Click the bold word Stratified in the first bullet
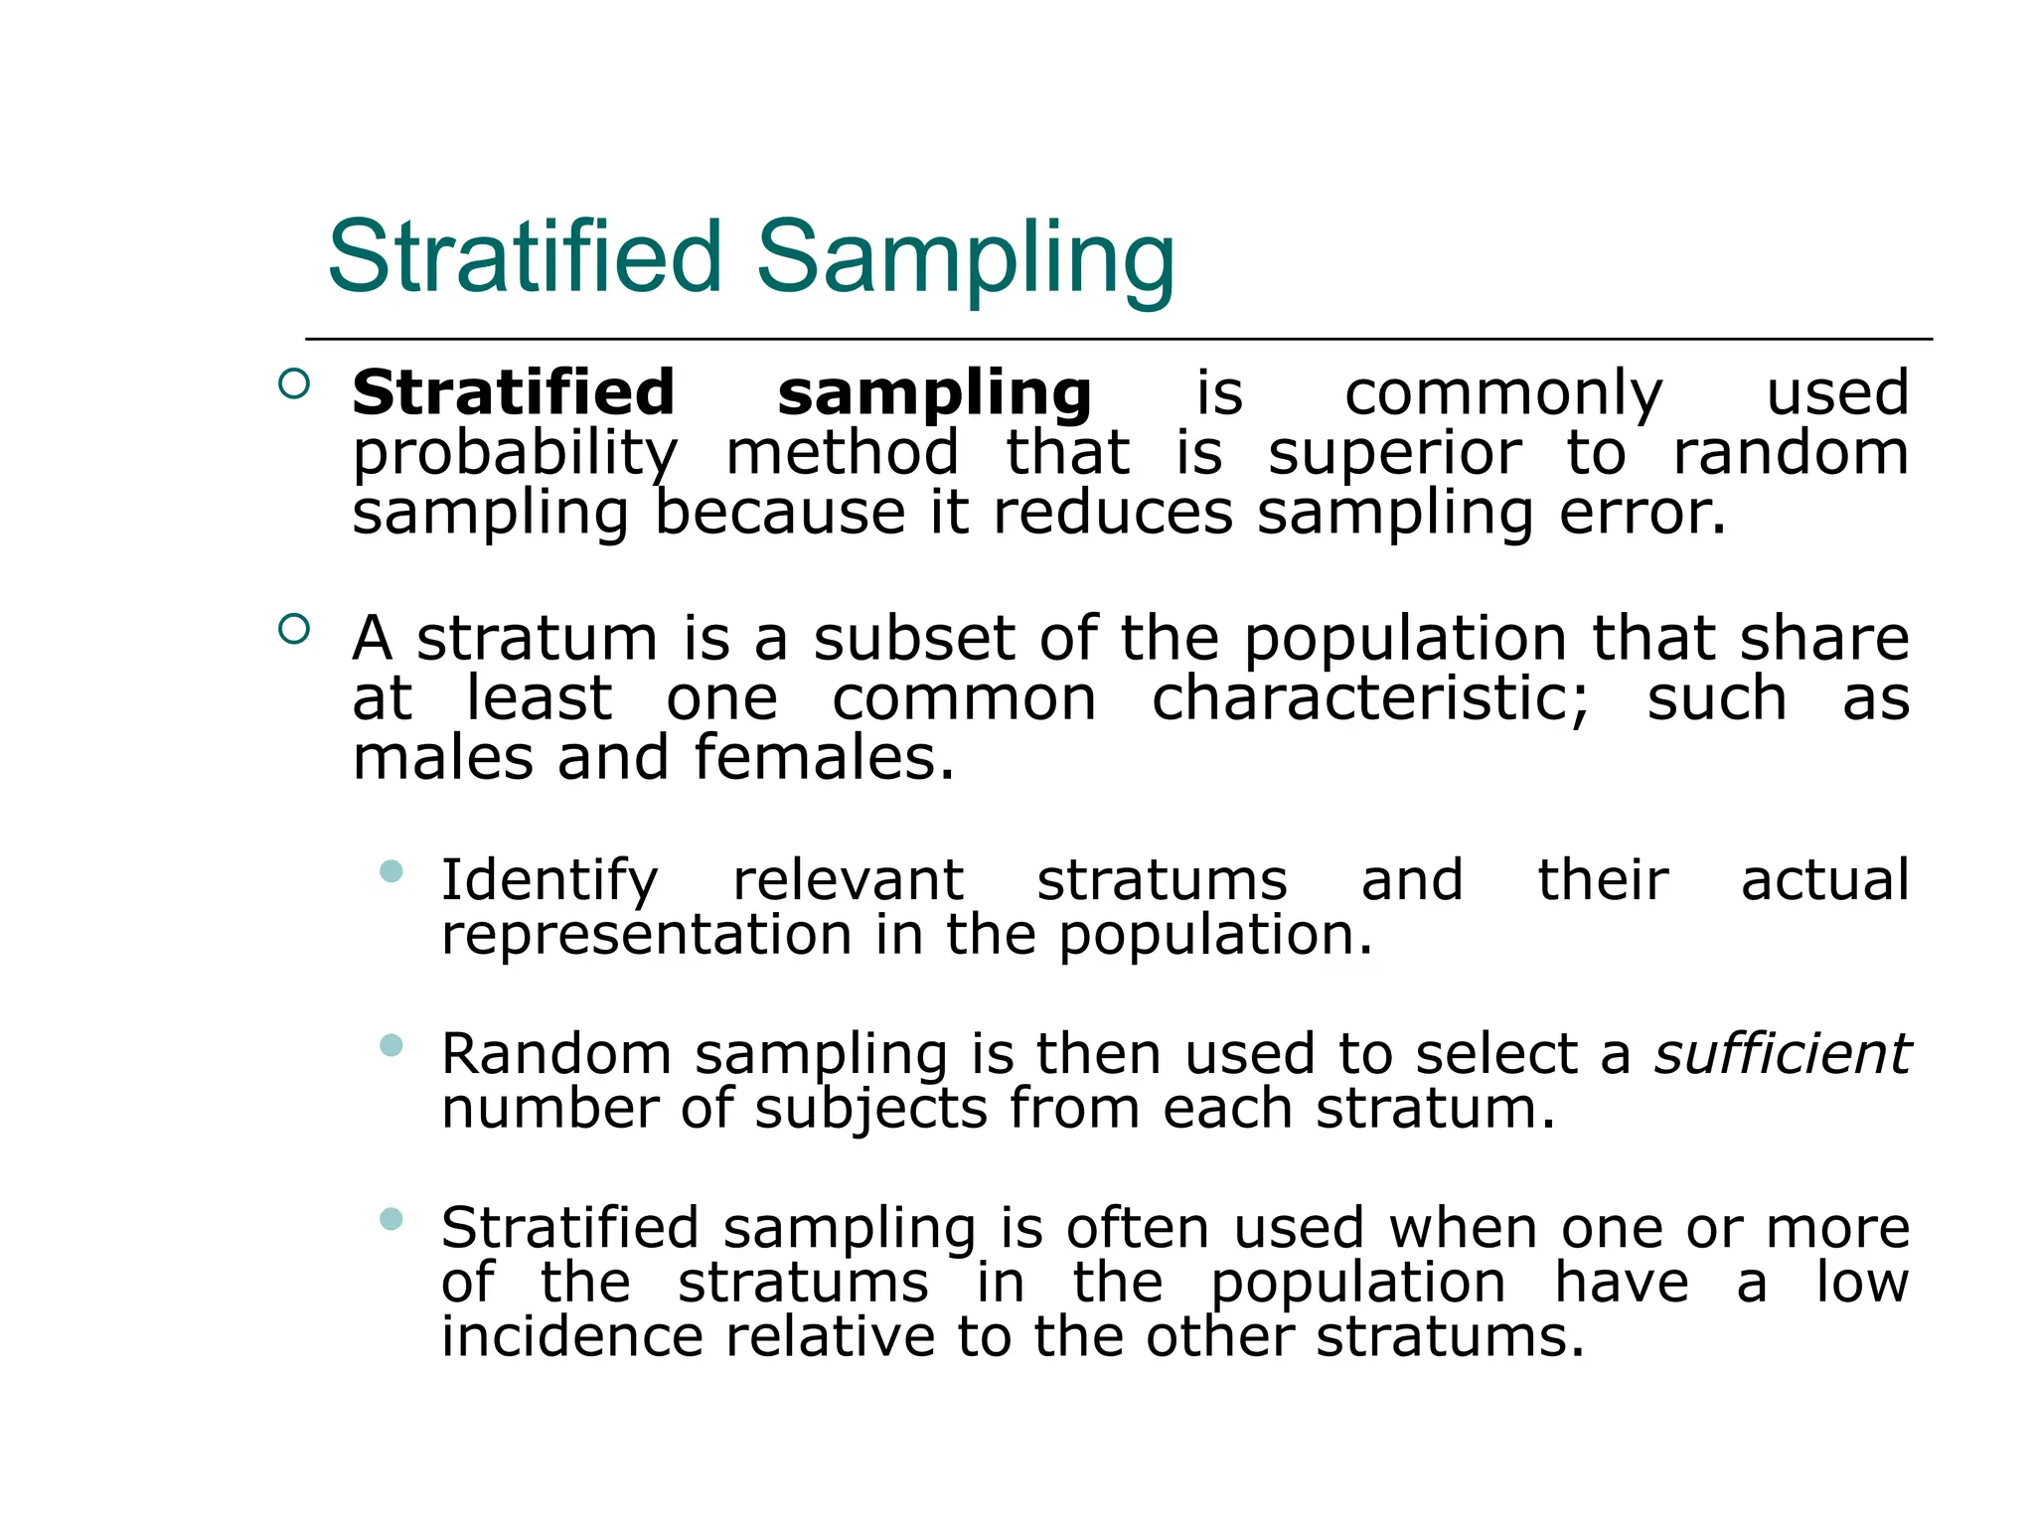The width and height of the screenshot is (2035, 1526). tap(513, 392)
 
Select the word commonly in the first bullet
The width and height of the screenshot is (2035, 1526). tap(1502, 394)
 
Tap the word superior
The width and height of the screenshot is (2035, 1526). tap(1394, 454)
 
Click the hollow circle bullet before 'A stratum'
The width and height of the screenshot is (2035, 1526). tap(294, 629)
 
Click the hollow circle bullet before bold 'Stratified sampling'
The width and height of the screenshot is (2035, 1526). tap(294, 383)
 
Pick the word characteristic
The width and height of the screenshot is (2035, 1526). tap(1370, 698)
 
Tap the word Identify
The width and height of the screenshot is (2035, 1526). tap(549, 881)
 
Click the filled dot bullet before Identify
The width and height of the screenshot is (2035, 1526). tap(391, 872)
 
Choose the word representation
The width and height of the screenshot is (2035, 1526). tap(646, 935)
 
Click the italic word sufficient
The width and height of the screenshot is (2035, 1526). tap(1781, 1053)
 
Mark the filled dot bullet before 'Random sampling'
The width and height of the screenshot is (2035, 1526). tap(391, 1045)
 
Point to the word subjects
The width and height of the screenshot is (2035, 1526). tap(870, 1109)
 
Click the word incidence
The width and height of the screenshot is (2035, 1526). tap(571, 1336)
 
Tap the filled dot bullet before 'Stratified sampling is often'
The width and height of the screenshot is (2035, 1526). tap(391, 1219)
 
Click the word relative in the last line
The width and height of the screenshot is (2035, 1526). tap(830, 1336)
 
